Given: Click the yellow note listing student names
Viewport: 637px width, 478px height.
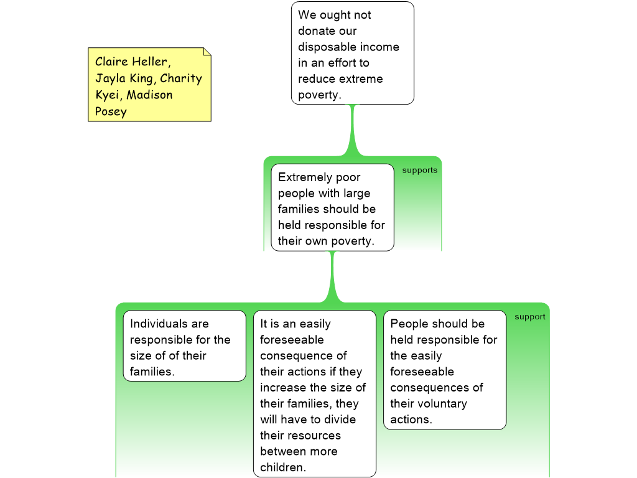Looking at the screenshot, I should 149,85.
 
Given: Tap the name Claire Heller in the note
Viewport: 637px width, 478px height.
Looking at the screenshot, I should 131,62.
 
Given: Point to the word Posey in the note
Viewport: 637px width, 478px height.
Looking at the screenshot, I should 111,112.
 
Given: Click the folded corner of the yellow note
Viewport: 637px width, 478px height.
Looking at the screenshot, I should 207,52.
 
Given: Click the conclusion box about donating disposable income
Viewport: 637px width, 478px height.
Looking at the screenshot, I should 352,53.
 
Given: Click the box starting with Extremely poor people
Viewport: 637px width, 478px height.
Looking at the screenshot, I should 332,208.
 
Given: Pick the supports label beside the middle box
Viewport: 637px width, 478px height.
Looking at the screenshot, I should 420,171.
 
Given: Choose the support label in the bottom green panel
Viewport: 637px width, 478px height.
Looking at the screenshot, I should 529,317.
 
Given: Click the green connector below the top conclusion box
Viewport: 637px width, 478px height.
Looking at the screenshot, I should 353,131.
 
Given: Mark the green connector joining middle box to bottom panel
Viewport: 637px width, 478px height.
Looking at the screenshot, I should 332,277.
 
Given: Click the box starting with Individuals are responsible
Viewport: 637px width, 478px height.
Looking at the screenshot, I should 184,346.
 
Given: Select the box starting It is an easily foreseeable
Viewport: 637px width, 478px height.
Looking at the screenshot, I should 314,393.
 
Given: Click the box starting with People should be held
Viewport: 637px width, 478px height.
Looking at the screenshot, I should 444,370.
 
